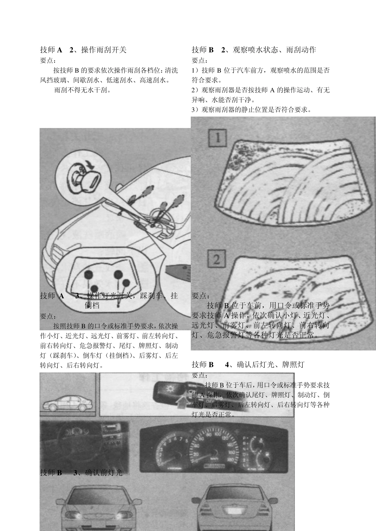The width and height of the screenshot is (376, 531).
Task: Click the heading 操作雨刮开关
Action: pyautogui.click(x=104, y=50)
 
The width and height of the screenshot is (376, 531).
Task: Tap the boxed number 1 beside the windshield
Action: pyautogui.click(x=217, y=139)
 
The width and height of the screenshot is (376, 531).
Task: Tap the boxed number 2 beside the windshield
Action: pyautogui.click(x=217, y=260)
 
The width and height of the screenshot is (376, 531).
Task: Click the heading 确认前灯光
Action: pyautogui.click(x=104, y=473)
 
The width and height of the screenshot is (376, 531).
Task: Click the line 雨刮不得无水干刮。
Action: pyautogui.click(x=83, y=90)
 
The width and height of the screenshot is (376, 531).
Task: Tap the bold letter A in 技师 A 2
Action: pyautogui.click(x=60, y=50)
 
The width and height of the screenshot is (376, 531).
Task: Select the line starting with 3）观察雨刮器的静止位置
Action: pyautogui.click(x=251, y=110)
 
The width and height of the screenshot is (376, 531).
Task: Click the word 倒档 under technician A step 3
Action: pyautogui.click(x=92, y=306)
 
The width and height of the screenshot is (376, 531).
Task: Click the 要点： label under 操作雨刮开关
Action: pyautogui.click(x=48, y=60)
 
